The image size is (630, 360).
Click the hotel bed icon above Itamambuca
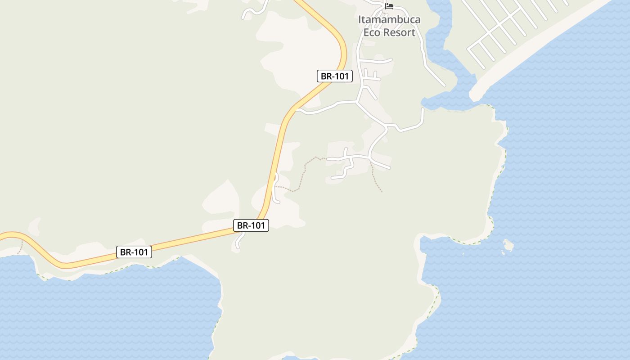[389, 6]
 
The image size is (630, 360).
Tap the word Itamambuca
[389, 20]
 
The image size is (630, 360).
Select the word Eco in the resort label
[373, 32]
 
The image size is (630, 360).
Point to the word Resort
[399, 32]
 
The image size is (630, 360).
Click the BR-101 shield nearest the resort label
[334, 76]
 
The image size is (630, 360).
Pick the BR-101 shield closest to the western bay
[134, 252]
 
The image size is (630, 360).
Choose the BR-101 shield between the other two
[251, 225]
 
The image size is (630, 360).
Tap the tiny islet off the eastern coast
[508, 246]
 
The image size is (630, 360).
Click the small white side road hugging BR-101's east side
[276, 189]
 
